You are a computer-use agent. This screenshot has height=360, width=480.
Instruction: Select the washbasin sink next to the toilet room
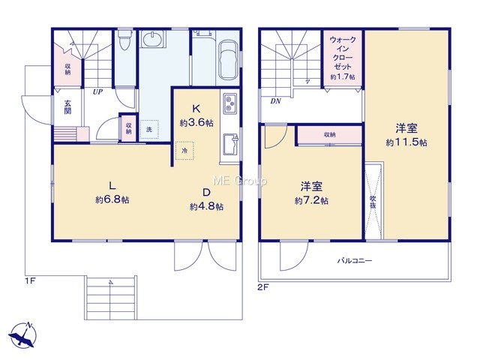(153, 39)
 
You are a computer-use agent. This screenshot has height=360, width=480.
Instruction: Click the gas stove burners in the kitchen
(229, 103)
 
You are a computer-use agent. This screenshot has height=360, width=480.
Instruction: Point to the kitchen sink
(230, 144)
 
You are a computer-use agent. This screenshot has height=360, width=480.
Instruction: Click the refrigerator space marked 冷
(184, 151)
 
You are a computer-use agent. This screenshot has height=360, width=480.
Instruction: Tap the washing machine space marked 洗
(149, 129)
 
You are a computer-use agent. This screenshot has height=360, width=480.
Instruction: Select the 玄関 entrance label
(67, 107)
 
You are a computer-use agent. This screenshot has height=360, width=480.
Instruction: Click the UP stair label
(98, 91)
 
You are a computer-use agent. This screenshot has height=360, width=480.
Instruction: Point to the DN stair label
(276, 101)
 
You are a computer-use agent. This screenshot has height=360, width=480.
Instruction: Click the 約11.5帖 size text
(406, 142)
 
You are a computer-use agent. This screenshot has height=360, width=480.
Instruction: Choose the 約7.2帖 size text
(312, 201)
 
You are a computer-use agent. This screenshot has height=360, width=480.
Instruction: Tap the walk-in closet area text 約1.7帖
(343, 76)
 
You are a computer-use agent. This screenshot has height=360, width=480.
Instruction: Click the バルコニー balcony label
(355, 261)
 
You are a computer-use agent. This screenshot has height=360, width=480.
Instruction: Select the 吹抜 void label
(373, 202)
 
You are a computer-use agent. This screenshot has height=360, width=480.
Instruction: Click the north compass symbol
(22, 335)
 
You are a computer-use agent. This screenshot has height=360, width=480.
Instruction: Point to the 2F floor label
(263, 288)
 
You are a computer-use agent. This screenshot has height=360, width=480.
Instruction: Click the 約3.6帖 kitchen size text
(196, 123)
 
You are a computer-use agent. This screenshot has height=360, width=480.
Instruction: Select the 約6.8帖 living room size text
(112, 200)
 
